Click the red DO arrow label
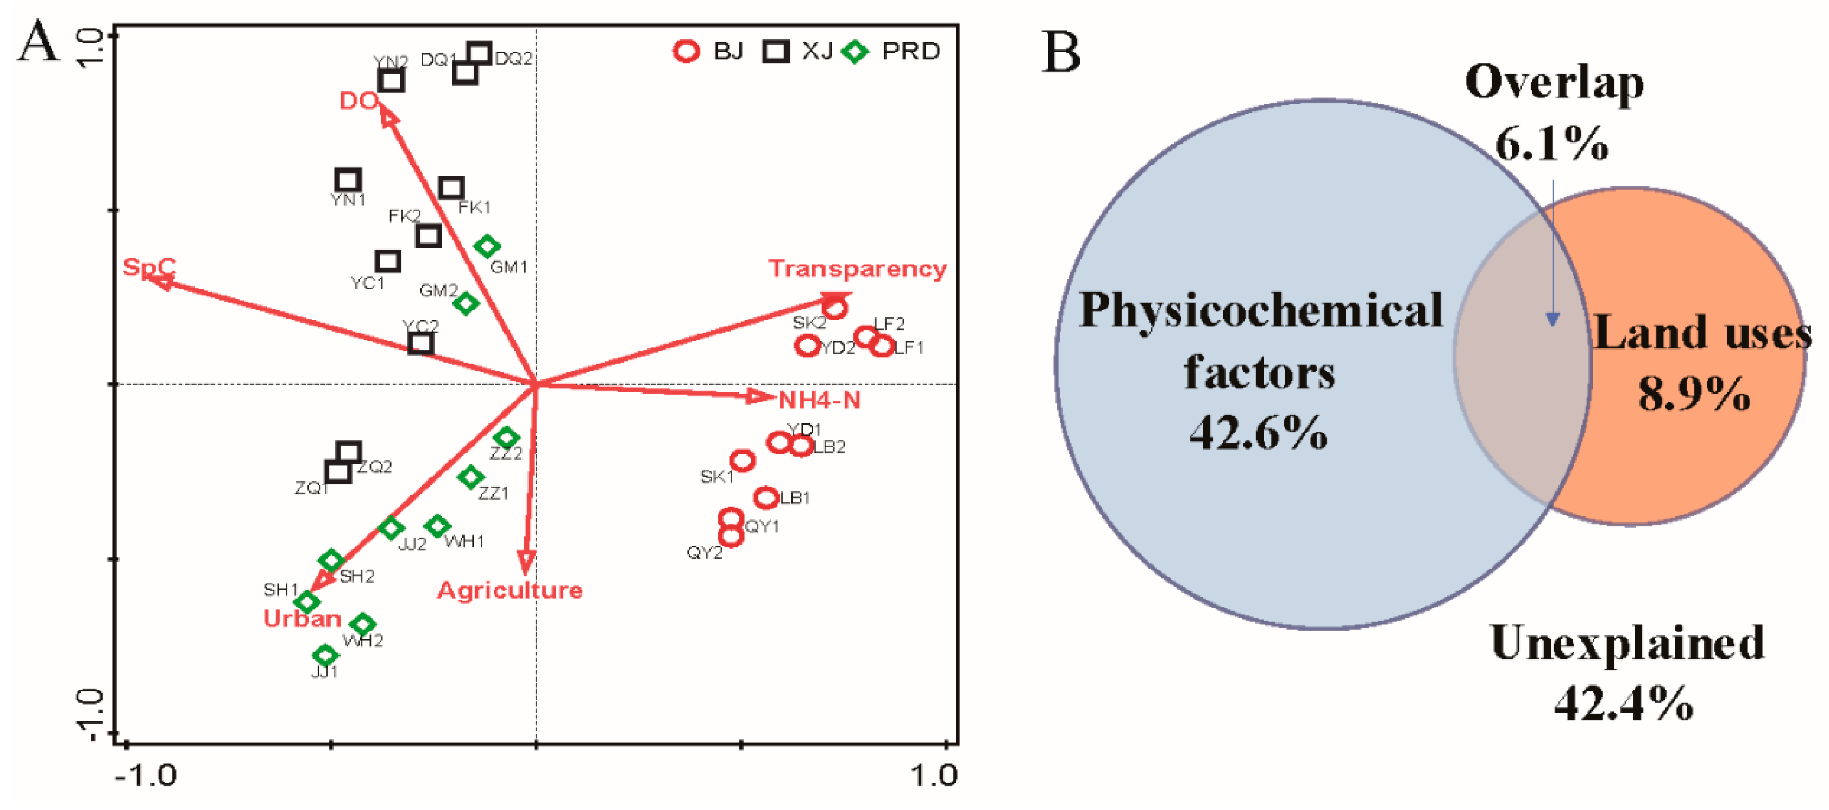pyautogui.click(x=358, y=101)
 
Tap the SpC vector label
pyautogui.click(x=149, y=267)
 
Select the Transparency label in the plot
pyautogui.click(x=857, y=269)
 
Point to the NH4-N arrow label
pyautogui.click(x=819, y=400)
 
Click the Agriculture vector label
pyautogui.click(x=509, y=590)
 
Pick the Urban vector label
pyautogui.click(x=303, y=618)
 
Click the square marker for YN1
pyautogui.click(x=348, y=180)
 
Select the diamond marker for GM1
pyautogui.click(x=487, y=247)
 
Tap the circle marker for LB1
pyautogui.click(x=765, y=497)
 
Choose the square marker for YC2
pyautogui.click(x=421, y=343)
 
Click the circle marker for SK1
pyautogui.click(x=742, y=461)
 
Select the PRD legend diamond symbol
pyautogui.click(x=856, y=51)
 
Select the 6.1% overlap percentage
pyautogui.click(x=1551, y=144)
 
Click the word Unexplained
pyautogui.click(x=1626, y=643)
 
